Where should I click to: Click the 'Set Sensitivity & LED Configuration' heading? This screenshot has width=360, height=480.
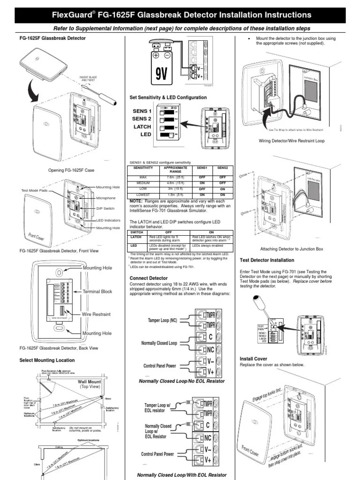tap(168, 97)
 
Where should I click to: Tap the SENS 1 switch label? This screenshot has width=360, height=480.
tap(142, 111)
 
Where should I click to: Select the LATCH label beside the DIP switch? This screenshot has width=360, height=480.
tap(142, 127)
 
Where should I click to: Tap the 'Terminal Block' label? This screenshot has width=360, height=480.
tap(97, 292)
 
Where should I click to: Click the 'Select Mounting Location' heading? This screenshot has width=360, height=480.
tap(47, 360)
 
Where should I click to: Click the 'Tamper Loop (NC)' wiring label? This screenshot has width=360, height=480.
tap(161, 320)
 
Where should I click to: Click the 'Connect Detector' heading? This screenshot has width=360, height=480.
tap(148, 278)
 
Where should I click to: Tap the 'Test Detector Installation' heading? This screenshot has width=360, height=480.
tap(267, 260)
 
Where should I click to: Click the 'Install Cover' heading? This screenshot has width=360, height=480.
tap(253, 359)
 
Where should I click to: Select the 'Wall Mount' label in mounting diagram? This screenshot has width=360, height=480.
tap(90, 382)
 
